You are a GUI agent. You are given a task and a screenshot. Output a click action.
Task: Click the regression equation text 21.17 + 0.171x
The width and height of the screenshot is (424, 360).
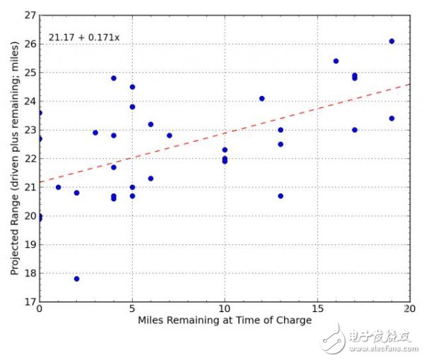85,36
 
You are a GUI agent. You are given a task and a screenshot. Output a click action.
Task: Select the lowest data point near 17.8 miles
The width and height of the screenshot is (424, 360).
76,279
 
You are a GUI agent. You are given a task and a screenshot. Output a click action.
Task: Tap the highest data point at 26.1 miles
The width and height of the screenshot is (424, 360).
391,41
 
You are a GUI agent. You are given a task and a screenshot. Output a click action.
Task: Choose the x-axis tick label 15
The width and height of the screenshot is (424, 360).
317,309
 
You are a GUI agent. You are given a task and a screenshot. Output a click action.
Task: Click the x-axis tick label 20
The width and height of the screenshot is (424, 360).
410,309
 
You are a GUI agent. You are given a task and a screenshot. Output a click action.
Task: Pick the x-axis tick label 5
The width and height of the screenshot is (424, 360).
132,309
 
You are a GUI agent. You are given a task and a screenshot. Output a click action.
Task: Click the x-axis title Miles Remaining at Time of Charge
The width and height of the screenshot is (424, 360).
225,320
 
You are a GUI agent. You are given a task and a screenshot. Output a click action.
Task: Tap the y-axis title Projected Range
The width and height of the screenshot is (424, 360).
14,157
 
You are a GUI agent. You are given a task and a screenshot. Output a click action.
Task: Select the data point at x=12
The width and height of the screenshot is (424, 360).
262,99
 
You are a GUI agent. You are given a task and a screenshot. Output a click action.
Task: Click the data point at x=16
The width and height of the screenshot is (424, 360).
336,61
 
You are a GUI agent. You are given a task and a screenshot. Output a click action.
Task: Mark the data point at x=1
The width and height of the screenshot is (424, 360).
58,187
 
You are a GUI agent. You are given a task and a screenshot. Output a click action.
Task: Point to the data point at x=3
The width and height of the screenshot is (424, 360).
95,133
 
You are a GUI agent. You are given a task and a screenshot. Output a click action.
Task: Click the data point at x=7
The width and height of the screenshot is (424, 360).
170,136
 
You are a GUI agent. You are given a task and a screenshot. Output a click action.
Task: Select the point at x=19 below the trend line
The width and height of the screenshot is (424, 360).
391,119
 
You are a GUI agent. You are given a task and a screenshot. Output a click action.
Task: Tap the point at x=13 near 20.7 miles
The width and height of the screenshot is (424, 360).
281,196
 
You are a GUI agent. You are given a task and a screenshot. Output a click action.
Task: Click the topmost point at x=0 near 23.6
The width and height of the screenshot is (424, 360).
40,113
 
